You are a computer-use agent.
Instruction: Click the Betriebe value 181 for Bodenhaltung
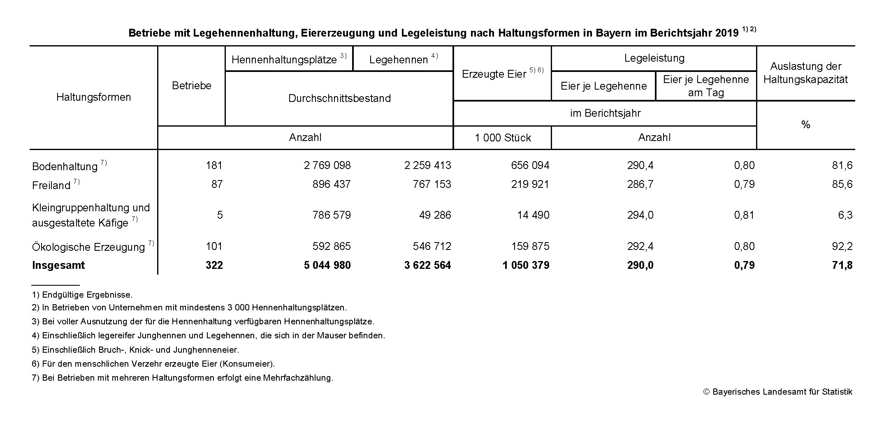tap(214, 165)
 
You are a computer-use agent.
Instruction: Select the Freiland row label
tap(51, 185)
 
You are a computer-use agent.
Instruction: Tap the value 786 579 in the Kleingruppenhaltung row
tap(331, 215)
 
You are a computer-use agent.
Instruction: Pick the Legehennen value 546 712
tap(432, 246)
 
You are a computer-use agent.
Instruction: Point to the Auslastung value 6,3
tap(845, 215)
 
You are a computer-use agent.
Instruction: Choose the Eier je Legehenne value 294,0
tap(640, 215)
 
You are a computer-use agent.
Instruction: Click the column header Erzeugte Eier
tap(494, 74)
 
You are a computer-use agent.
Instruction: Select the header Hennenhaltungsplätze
tap(284, 60)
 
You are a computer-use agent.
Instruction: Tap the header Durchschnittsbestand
tap(339, 98)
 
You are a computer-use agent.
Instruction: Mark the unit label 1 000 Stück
tap(503, 138)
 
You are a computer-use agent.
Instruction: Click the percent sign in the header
tap(805, 125)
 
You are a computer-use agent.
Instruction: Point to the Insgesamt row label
tap(58, 265)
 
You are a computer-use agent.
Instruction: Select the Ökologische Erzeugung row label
tap(88, 247)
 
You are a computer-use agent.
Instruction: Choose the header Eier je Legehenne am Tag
tap(706, 86)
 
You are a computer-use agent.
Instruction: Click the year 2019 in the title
tap(727, 33)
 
